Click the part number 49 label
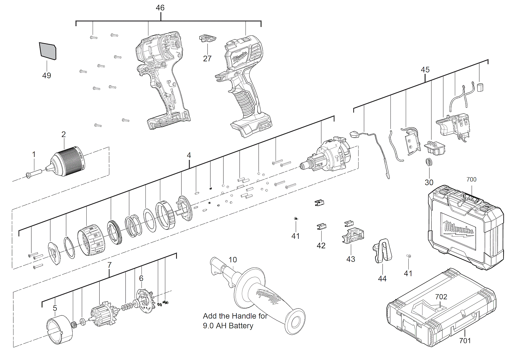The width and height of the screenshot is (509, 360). coord(47,76)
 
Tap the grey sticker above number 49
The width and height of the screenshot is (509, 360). coord(48,51)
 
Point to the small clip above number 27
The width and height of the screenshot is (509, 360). coord(208,39)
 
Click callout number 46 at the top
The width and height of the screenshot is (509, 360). coord(160,8)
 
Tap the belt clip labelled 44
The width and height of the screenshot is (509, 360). coord(383,251)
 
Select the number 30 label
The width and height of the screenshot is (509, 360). coord(429,183)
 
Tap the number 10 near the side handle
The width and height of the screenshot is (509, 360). coord(233,260)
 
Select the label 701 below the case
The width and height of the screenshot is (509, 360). coord(465,341)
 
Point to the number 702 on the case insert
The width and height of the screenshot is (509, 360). coord(441,297)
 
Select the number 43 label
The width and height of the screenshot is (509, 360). coord(351,259)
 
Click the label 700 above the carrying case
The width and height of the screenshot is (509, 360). coord(471,180)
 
